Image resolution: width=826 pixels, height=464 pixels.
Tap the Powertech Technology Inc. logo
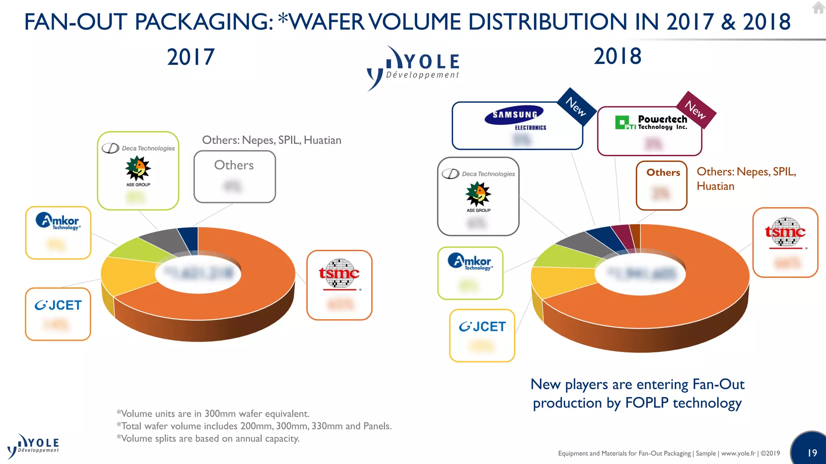coord(651,122)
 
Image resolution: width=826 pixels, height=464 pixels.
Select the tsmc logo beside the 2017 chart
coord(339,274)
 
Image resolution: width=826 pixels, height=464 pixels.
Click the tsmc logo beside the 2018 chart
coord(785,232)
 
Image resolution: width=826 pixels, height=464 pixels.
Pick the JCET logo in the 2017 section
coord(58,305)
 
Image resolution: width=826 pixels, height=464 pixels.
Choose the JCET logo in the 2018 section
coord(482,327)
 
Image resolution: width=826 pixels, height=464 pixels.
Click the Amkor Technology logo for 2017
coord(58,222)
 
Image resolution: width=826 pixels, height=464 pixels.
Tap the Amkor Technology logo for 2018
coord(470,262)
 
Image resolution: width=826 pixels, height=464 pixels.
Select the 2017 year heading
coord(191,57)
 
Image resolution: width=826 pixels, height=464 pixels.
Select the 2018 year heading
coord(617,56)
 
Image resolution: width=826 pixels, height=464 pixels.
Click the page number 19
coord(812,453)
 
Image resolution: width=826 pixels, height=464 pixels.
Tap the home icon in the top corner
coord(818,8)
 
